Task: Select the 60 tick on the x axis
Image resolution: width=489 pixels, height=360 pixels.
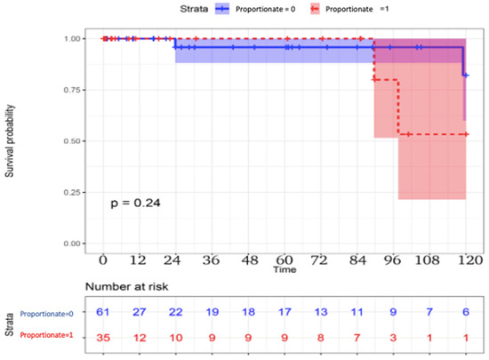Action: click(x=284, y=263)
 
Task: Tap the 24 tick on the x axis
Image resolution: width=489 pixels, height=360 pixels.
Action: click(x=175, y=263)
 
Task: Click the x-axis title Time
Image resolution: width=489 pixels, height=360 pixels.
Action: click(x=285, y=268)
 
